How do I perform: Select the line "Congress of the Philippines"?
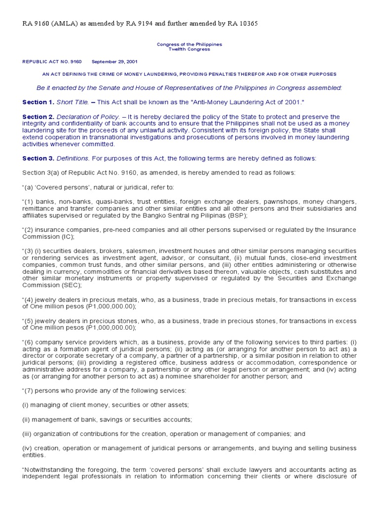click(x=189, y=44)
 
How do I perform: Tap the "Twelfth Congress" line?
click(x=189, y=49)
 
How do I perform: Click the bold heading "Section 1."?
click(x=38, y=102)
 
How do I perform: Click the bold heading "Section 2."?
click(x=38, y=117)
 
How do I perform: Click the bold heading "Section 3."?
click(x=38, y=159)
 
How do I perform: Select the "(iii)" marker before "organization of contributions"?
click(x=28, y=434)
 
